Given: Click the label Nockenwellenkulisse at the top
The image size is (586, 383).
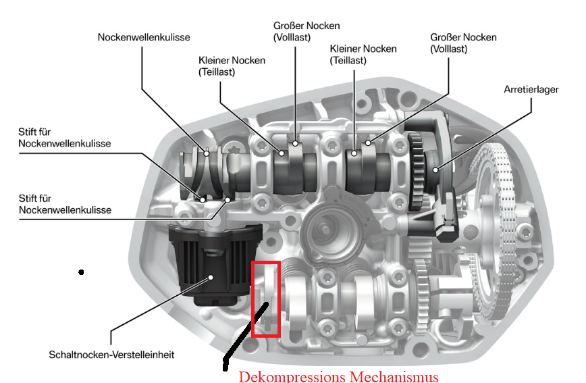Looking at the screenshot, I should point(144,37).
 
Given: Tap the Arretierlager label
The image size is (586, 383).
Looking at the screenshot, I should point(531,89).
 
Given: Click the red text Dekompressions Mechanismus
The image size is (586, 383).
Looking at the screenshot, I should point(338,376).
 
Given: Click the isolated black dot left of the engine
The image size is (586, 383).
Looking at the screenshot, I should point(81,272).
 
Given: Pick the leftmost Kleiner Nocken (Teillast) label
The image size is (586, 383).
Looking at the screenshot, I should point(232,66).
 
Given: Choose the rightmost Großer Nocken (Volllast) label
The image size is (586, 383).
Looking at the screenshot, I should point(463,43).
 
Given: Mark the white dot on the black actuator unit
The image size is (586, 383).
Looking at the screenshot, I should point(211,276).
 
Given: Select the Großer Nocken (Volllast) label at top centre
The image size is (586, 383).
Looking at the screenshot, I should point(307,31).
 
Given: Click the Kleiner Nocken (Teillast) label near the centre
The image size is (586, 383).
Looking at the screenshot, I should point(363,55).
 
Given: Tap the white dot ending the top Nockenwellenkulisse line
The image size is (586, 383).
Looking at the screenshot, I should point(206,153).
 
